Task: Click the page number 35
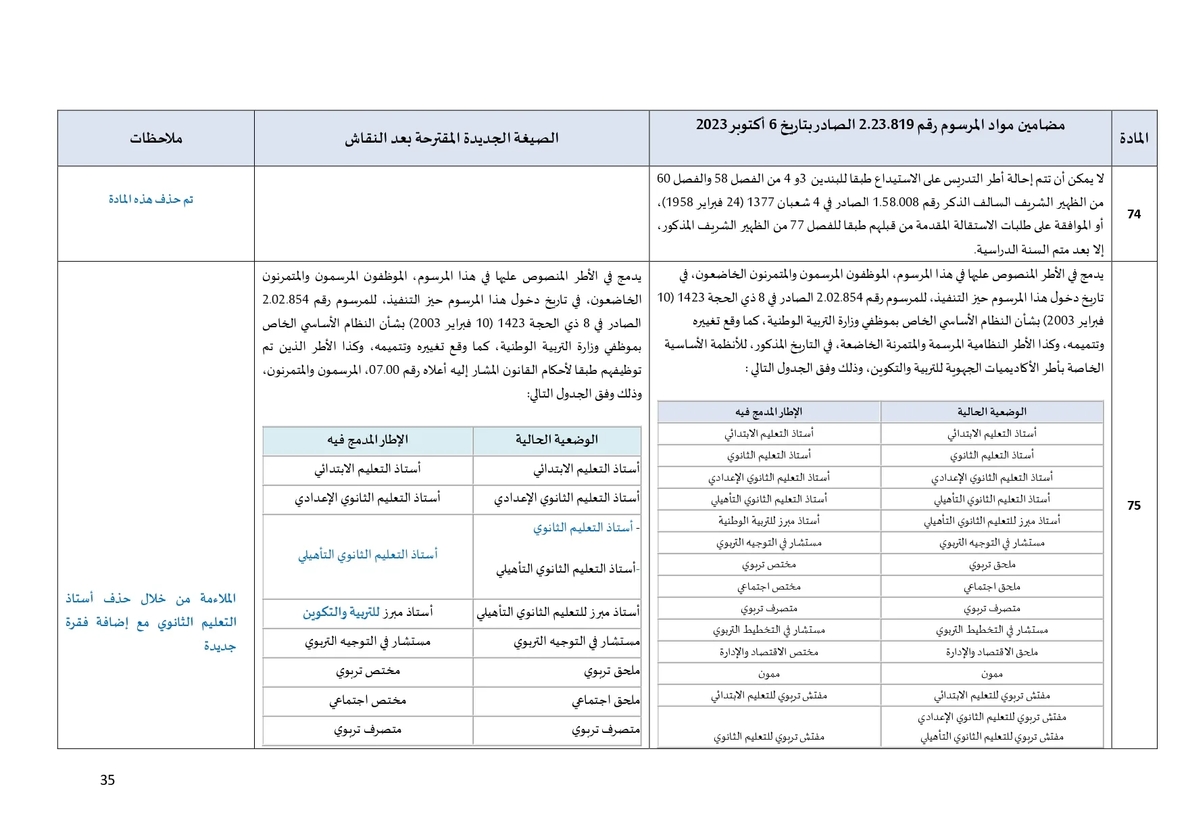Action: click(107, 780)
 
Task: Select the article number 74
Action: click(1134, 214)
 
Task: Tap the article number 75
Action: click(1134, 505)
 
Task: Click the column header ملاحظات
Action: click(156, 138)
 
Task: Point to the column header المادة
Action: click(1134, 138)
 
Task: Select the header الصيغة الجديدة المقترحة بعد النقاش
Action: click(451, 138)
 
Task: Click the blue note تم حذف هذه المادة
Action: click(151, 199)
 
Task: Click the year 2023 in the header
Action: click(712, 125)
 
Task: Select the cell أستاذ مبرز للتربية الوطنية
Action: click(769, 521)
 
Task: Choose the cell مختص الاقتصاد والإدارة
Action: click(769, 652)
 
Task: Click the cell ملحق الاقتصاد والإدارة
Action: click(991, 652)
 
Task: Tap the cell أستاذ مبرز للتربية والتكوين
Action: click(368, 612)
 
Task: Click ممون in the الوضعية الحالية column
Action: click(991, 673)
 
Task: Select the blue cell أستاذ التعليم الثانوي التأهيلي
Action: click(368, 554)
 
